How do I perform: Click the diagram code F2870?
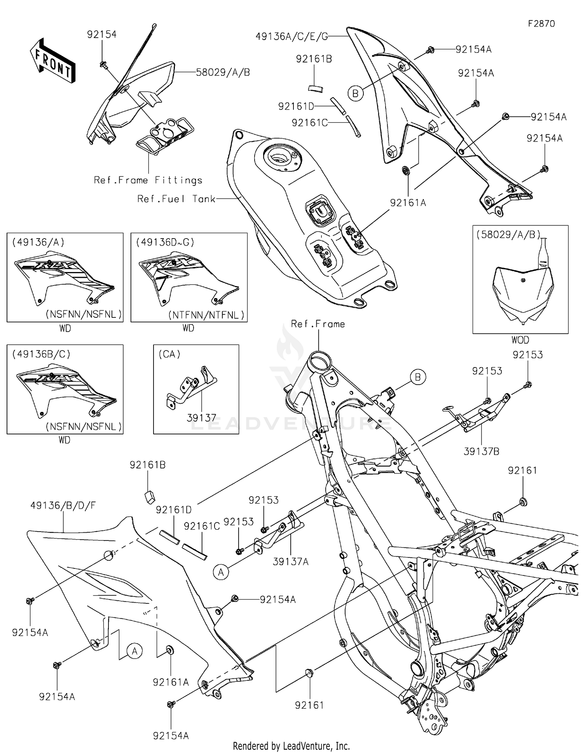coord(541,24)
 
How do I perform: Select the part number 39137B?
coord(481,451)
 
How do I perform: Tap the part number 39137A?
coord(290,561)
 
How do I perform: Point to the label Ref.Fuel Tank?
coord(176,199)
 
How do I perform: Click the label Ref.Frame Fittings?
coord(148,180)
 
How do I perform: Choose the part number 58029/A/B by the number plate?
coord(223,72)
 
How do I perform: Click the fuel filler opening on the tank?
coord(279,157)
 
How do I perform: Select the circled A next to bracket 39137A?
coord(221,572)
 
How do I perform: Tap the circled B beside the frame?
coord(418,377)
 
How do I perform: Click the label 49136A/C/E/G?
coord(291,37)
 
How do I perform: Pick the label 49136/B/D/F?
coord(63,505)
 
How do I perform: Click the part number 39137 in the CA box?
coord(201,418)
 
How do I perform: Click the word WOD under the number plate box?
coord(520,340)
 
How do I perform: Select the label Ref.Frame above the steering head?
coord(318,324)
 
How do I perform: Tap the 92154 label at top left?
coord(101,35)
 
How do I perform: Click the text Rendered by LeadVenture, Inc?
coord(291,746)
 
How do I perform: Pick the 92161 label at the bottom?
coord(309,705)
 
